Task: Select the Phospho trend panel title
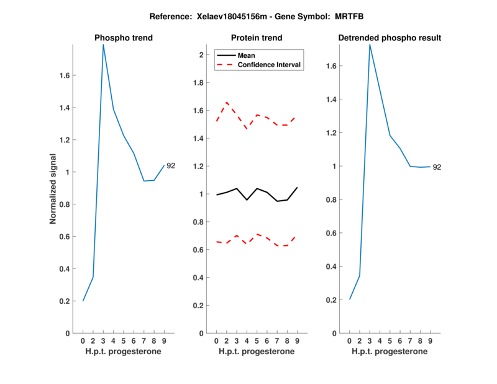(124, 38)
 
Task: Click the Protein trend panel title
(257, 38)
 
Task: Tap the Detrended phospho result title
(390, 38)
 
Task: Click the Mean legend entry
(247, 55)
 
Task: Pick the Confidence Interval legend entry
(270, 65)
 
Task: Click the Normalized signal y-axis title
(53, 189)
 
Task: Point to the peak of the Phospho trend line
(103, 45)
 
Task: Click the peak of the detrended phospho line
(370, 45)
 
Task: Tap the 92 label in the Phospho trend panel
(171, 166)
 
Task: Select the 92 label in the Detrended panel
(437, 167)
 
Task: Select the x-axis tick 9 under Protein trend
(298, 341)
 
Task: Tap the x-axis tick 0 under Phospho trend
(83, 341)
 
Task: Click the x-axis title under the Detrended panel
(390, 352)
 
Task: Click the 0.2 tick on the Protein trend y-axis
(197, 306)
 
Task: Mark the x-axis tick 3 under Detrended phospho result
(370, 341)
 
